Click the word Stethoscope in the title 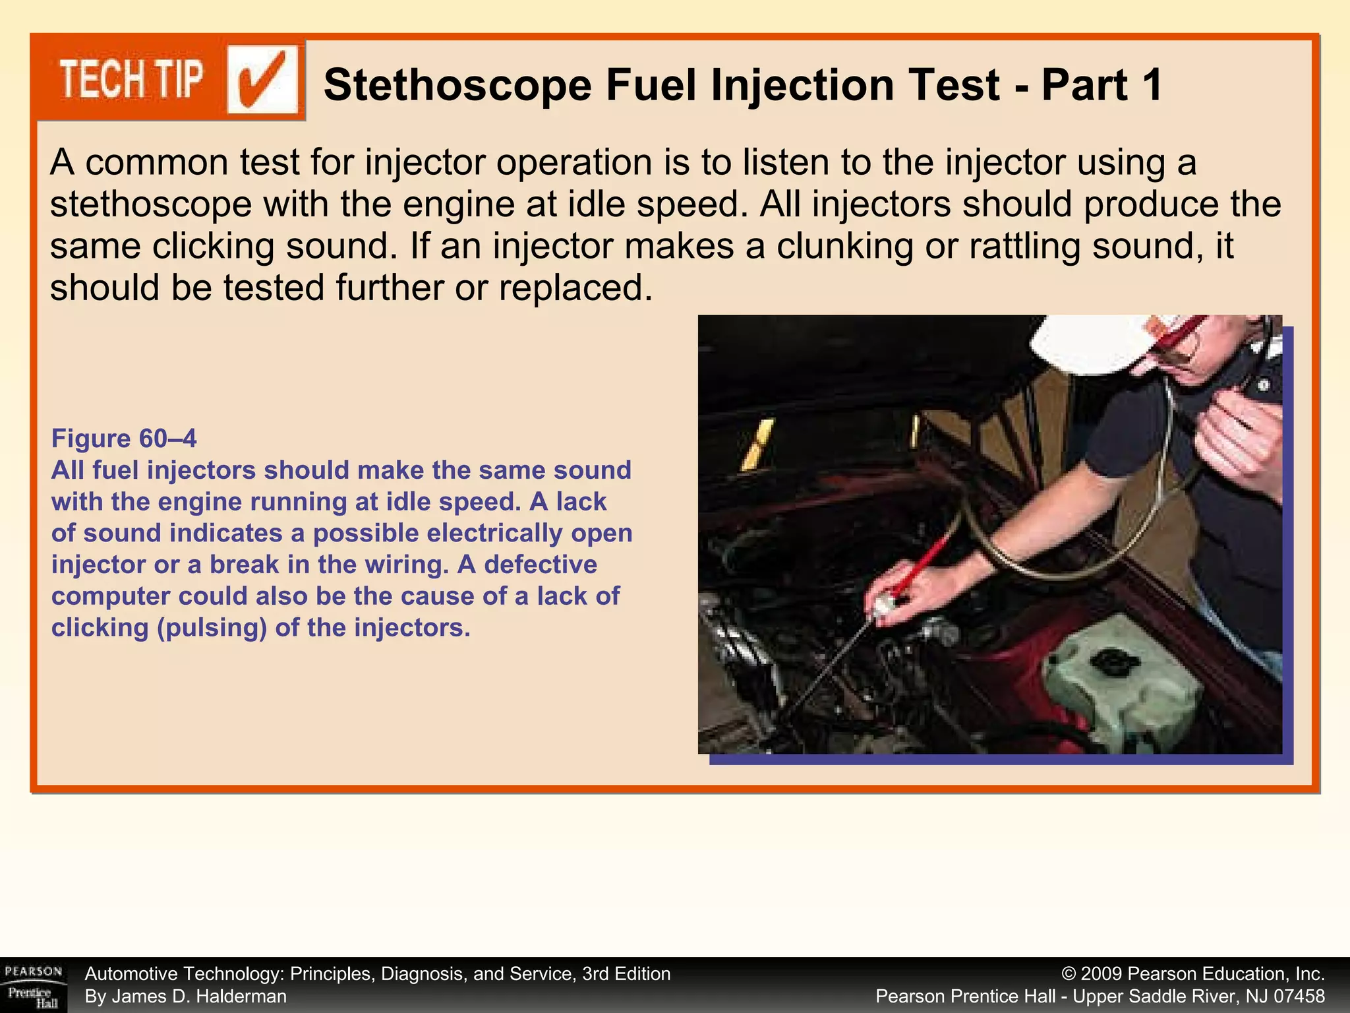click(457, 86)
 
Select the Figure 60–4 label click(124, 439)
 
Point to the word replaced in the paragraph click(575, 288)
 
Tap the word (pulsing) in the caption click(212, 627)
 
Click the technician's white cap click(1094, 343)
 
